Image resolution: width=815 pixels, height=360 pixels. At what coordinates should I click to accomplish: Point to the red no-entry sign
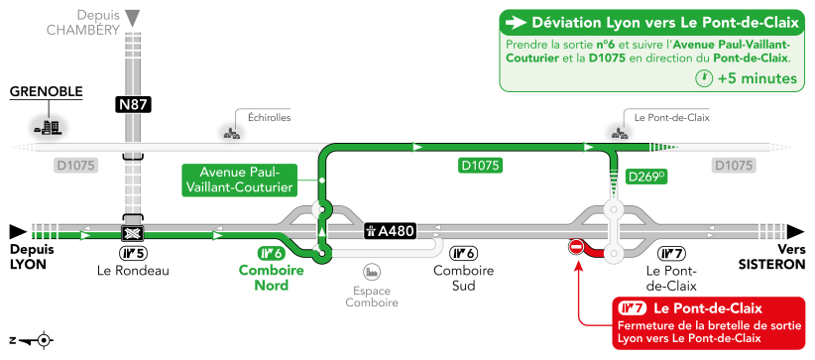[575, 247]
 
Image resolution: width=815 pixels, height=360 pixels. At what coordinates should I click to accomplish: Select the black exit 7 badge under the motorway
[672, 253]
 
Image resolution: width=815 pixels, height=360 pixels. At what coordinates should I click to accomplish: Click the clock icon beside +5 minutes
[702, 77]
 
